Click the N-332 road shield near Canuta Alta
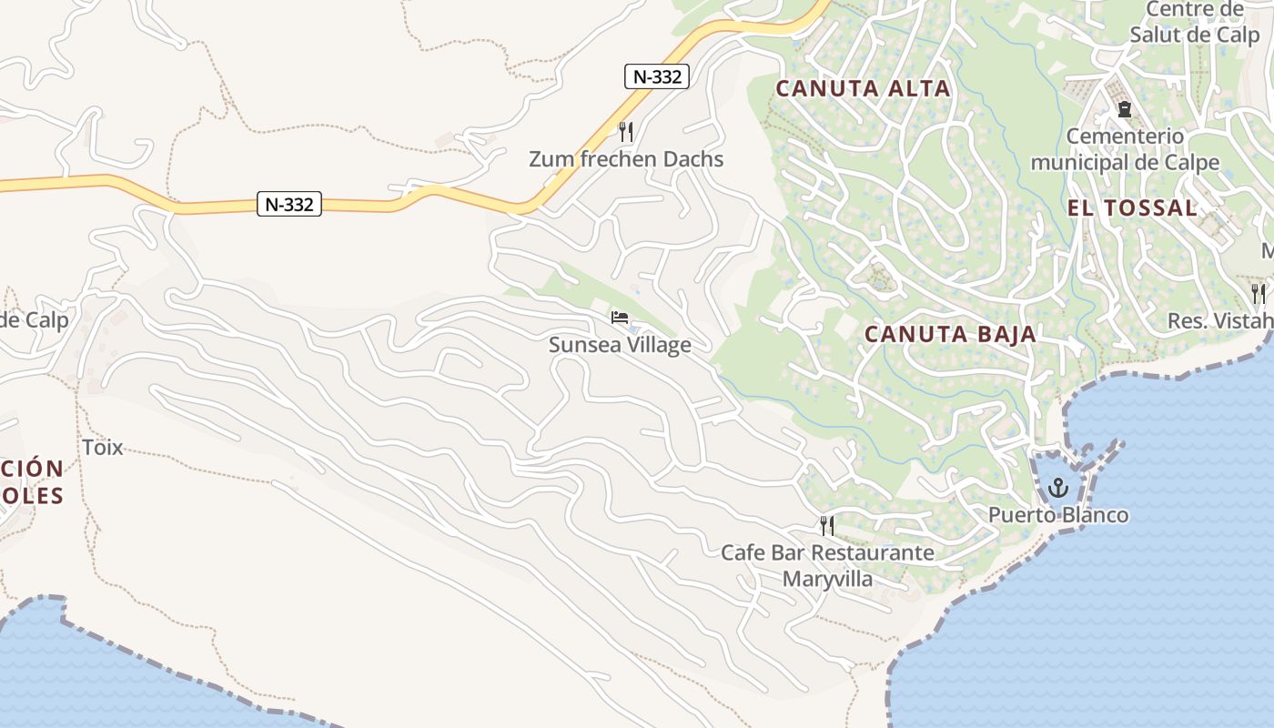(656, 76)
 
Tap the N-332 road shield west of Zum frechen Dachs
(289, 204)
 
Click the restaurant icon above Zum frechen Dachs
(625, 132)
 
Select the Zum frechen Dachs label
(626, 159)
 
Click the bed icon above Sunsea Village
(620, 318)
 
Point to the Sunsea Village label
(620, 345)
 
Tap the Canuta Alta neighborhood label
(863, 88)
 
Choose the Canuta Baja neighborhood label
(950, 334)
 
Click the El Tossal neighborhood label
(1131, 207)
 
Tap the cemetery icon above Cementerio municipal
(1125, 109)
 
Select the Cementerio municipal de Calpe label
(1125, 149)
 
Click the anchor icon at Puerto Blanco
(1057, 488)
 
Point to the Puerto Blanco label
(1058, 515)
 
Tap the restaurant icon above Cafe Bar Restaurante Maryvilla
(827, 525)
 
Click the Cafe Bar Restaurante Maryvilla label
(827, 565)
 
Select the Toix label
(102, 447)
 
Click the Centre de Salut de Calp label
(1194, 22)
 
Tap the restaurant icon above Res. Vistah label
(1258, 293)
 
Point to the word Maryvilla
(827, 579)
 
